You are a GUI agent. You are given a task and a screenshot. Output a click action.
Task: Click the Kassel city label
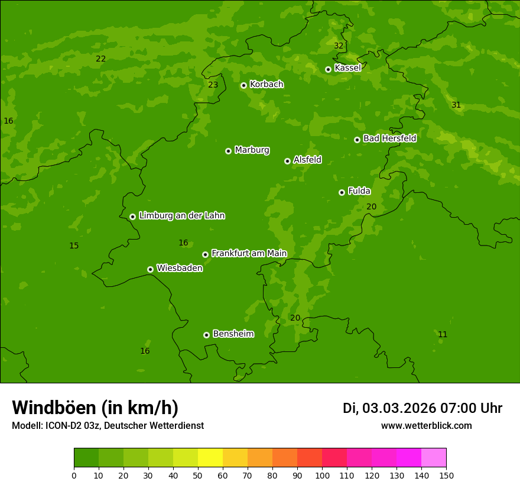point(347,68)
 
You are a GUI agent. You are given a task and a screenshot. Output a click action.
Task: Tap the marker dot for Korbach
point(243,85)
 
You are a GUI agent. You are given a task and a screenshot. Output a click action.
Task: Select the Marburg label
point(252,150)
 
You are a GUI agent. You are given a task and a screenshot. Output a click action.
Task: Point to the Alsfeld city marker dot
point(287,161)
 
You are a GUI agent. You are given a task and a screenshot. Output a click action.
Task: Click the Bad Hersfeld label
point(389,138)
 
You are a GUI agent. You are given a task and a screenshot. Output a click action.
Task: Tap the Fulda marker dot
point(342,192)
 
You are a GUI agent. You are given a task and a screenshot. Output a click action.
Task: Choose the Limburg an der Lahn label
point(181,216)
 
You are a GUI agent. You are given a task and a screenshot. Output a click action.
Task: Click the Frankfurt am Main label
point(249,254)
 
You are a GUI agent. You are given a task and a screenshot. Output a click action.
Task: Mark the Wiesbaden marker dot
point(150,269)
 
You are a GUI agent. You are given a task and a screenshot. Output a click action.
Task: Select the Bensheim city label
point(233,334)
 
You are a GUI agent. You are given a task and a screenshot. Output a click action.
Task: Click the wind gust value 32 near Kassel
point(338,46)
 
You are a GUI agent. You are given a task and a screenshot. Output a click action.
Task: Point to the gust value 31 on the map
point(456,105)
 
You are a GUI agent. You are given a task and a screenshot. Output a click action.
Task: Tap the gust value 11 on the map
point(442,335)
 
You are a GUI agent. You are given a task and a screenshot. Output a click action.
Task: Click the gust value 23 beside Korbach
point(213,85)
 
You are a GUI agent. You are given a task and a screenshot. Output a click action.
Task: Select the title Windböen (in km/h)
point(95,408)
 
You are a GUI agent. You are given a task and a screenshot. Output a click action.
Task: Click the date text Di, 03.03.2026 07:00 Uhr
point(422,408)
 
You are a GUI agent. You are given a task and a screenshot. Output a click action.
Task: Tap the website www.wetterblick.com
point(426,426)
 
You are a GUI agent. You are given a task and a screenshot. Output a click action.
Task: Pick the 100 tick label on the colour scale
point(322,475)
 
